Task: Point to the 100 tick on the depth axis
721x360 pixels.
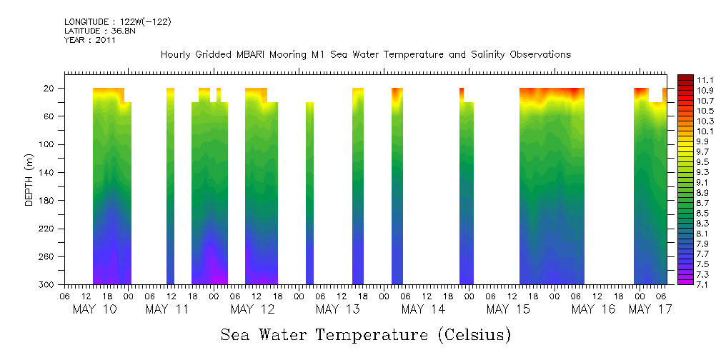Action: [50, 145]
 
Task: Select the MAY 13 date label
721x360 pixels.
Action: [337, 309]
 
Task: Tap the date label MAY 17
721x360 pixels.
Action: [650, 309]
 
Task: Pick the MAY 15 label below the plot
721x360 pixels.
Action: [507, 309]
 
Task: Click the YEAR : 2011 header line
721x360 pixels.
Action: [89, 40]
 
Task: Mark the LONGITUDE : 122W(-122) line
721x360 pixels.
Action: [117, 21]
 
